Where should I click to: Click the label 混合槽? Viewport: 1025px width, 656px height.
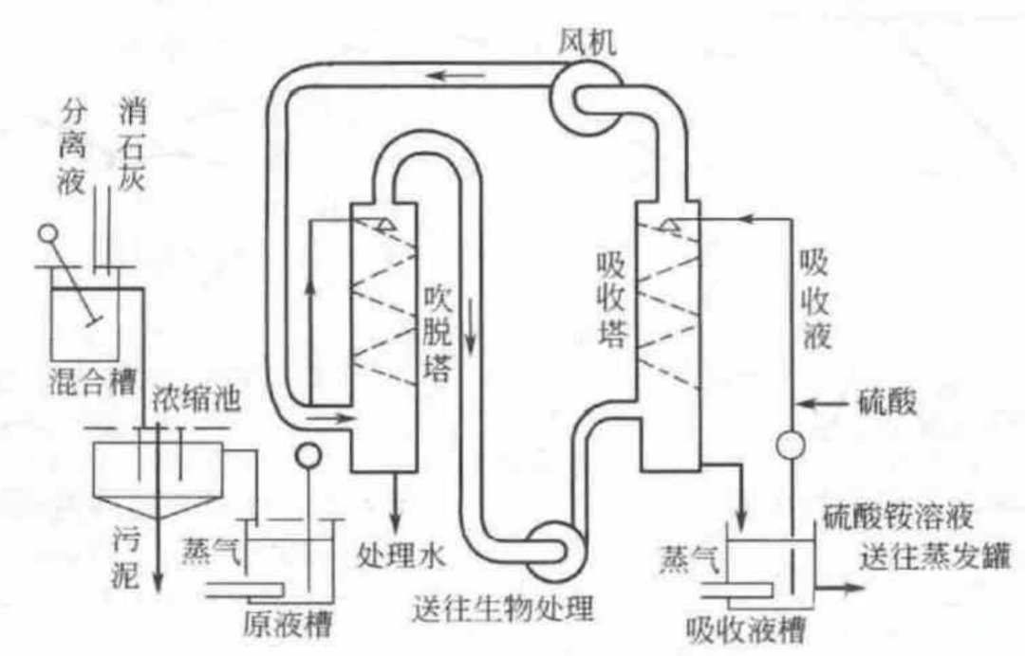point(92,384)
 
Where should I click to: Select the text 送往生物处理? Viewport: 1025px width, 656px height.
point(500,602)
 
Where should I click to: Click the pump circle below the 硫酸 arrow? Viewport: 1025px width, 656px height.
point(790,443)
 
